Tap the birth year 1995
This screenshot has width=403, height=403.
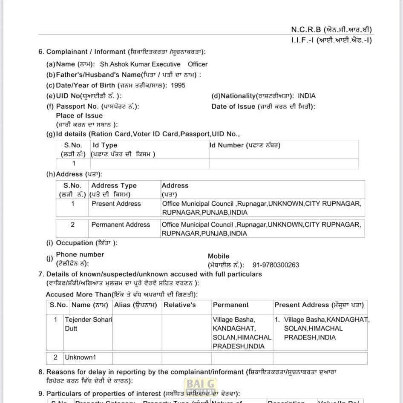[x=178, y=85]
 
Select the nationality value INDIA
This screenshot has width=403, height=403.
[x=307, y=96]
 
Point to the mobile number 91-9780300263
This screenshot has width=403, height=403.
[x=276, y=265]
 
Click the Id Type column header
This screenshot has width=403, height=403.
[x=105, y=145]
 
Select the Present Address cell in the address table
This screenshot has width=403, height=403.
[x=116, y=204]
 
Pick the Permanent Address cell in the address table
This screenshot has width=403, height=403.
[x=121, y=225]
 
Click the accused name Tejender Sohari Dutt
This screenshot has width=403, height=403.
[x=88, y=324]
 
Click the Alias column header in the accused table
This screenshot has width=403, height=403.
[x=135, y=305]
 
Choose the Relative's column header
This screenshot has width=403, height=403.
[x=180, y=305]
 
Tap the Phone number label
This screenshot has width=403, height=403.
[x=80, y=254]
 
